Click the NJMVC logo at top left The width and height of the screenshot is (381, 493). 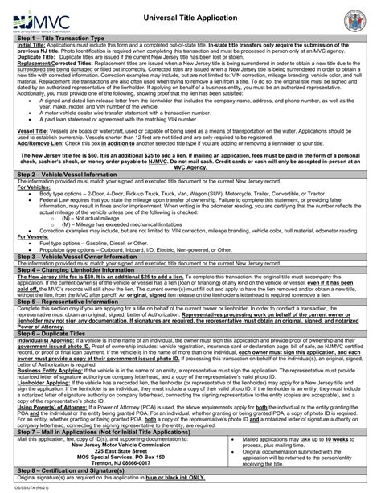click(41, 18)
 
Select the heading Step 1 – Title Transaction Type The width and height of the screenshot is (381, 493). click(68, 39)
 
